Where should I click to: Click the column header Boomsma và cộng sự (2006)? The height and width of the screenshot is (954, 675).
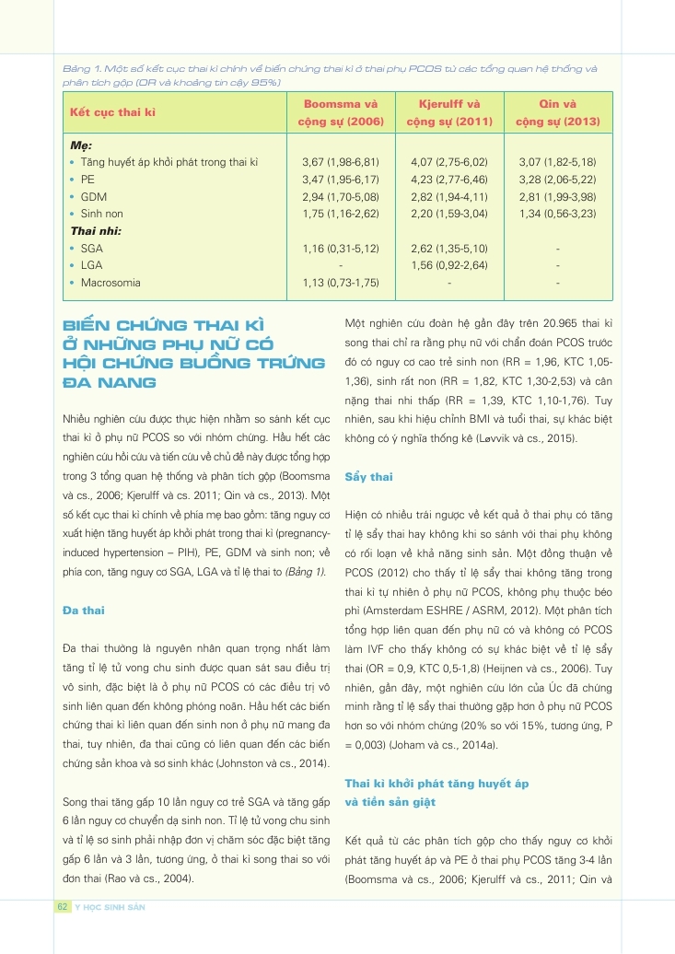pos(341,112)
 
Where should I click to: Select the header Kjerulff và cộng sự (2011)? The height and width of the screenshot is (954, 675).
pos(448,112)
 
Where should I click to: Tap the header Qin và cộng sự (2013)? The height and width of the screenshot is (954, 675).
pos(557,112)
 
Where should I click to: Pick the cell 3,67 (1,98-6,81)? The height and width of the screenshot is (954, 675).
pos(341,163)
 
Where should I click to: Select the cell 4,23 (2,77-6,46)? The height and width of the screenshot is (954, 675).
pos(448,180)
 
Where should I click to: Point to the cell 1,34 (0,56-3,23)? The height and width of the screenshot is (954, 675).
pos(557,214)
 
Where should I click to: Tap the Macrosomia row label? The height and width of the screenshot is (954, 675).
pos(111,283)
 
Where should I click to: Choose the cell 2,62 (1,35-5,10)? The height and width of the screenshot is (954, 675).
pos(448,249)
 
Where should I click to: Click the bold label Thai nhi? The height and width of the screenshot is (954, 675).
pos(96,231)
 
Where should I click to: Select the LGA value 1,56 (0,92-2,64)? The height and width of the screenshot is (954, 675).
pos(448,265)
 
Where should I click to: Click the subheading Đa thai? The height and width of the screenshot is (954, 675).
pos(84,610)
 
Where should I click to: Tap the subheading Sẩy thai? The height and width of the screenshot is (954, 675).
pos(368,477)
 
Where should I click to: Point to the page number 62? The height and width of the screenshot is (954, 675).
pos(62,907)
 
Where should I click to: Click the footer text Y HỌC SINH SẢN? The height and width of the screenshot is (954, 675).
pos(110,907)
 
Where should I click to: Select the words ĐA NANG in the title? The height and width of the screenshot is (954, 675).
pos(109,381)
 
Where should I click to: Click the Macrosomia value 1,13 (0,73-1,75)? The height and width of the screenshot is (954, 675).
pos(341,283)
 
